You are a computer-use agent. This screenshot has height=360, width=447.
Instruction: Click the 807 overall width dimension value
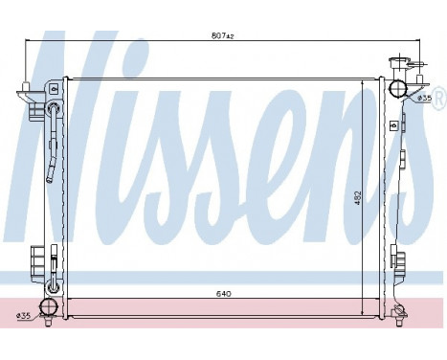click(x=221, y=34)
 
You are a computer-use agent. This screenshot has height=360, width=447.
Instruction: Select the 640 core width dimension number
click(x=221, y=293)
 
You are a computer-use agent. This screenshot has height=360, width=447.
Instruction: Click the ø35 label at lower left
click(x=23, y=315)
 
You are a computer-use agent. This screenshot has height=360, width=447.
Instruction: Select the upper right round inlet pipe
click(x=398, y=90)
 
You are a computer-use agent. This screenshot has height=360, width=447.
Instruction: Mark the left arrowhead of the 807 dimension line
click(x=27, y=41)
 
